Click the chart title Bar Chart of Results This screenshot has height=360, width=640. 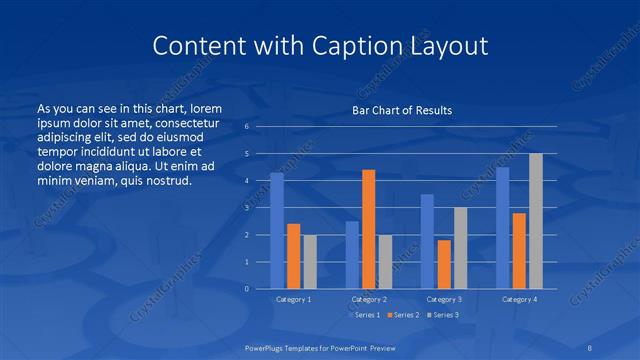[x=401, y=110]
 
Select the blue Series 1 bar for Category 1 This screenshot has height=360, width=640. [x=277, y=231]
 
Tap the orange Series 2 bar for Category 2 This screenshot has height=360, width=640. [x=368, y=229]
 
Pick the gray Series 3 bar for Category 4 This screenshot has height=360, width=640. [x=536, y=221]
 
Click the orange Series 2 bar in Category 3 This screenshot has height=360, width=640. [x=444, y=264]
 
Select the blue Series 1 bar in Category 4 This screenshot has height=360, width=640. [x=503, y=228]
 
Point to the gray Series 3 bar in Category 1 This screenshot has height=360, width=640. [x=310, y=262]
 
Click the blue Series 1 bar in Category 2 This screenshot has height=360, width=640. [x=352, y=255]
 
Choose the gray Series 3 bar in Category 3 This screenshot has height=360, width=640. [x=460, y=248]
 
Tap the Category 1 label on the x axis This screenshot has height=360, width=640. [x=293, y=299]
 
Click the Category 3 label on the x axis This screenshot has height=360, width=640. [x=444, y=299]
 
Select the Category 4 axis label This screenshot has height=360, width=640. [x=519, y=299]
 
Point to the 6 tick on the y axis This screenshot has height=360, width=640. [x=246, y=127]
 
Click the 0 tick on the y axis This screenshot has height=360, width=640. [x=246, y=289]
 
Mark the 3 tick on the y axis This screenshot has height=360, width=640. [x=246, y=208]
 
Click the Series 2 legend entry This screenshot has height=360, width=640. [x=403, y=315]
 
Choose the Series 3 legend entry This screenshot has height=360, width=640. [x=444, y=315]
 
